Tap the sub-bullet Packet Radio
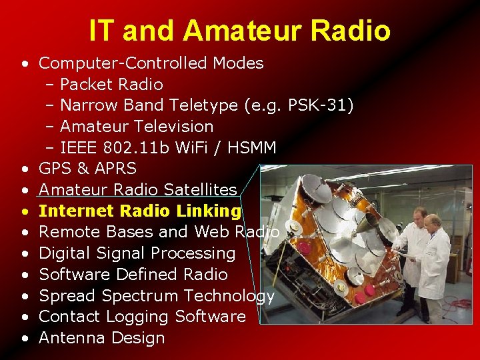coord(111,85)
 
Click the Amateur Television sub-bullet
coord(137,127)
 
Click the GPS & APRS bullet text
coord(87,169)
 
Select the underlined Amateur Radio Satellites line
coord(138,190)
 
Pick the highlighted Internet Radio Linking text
coord(140,211)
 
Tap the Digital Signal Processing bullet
coord(137,253)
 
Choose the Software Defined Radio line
coord(133,275)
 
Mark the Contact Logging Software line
coord(142,317)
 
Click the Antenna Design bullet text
coord(101,338)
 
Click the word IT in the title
coord(103,30)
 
